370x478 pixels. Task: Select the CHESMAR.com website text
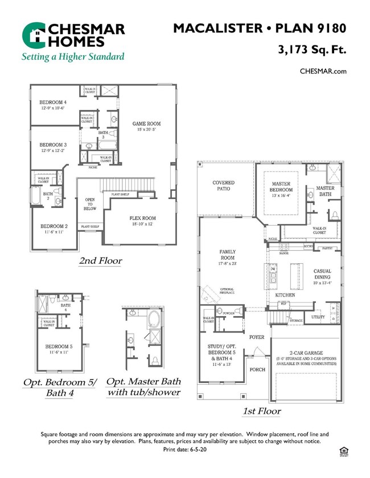[x=323, y=71]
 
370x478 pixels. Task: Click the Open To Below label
[x=90, y=204]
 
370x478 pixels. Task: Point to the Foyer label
[x=257, y=337]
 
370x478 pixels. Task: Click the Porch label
[x=258, y=369]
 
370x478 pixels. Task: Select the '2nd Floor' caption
[x=100, y=261]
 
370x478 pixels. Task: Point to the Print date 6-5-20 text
[x=184, y=449]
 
